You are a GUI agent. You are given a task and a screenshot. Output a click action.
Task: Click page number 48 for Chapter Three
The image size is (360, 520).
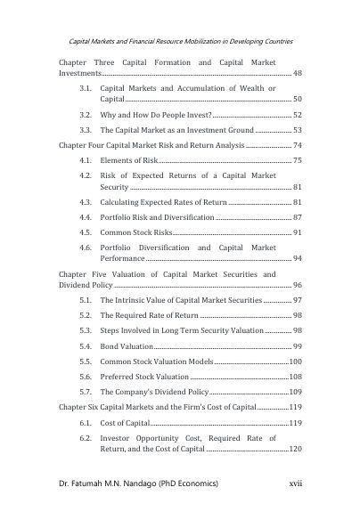298,72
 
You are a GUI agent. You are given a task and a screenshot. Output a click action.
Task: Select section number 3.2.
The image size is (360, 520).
86,116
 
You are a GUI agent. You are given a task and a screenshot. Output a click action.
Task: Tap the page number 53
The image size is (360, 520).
298,130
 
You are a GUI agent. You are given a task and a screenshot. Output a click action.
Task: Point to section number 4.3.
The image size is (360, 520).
86,202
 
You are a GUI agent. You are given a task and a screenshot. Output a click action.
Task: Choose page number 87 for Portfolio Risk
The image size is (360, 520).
298,216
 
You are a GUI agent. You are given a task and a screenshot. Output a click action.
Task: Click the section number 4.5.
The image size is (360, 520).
86,232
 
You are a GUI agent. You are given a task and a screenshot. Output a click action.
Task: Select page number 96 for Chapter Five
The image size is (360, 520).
298,287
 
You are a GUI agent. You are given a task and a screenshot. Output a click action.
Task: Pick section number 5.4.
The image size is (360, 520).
86,345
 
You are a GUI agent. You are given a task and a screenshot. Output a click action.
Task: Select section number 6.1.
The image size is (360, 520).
86,423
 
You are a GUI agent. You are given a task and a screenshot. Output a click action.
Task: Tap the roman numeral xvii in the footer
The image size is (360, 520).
286,482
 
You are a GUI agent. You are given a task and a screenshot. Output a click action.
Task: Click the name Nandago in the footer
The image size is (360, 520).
153,482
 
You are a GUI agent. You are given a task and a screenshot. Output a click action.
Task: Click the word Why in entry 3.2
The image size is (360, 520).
110,116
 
